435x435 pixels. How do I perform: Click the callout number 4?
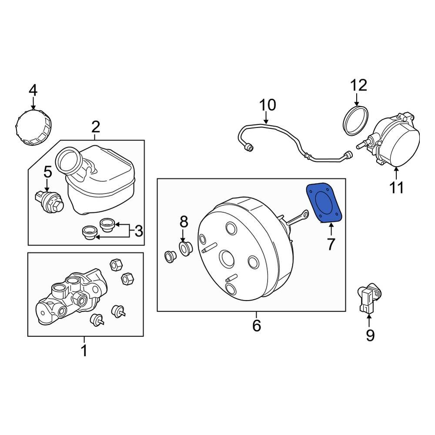pyautogui.click(x=33, y=90)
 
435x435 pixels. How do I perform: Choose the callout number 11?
pyautogui.click(x=396, y=187)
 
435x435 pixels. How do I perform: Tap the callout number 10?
pyautogui.click(x=268, y=105)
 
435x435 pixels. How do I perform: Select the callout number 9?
pyautogui.click(x=369, y=335)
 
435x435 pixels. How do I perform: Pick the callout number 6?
pyautogui.click(x=256, y=325)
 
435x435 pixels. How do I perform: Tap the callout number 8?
pyautogui.click(x=184, y=222)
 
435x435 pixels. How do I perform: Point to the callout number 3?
pyautogui.click(x=138, y=231)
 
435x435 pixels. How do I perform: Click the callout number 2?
pyautogui.click(x=96, y=127)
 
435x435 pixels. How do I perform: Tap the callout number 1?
pyautogui.click(x=84, y=350)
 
